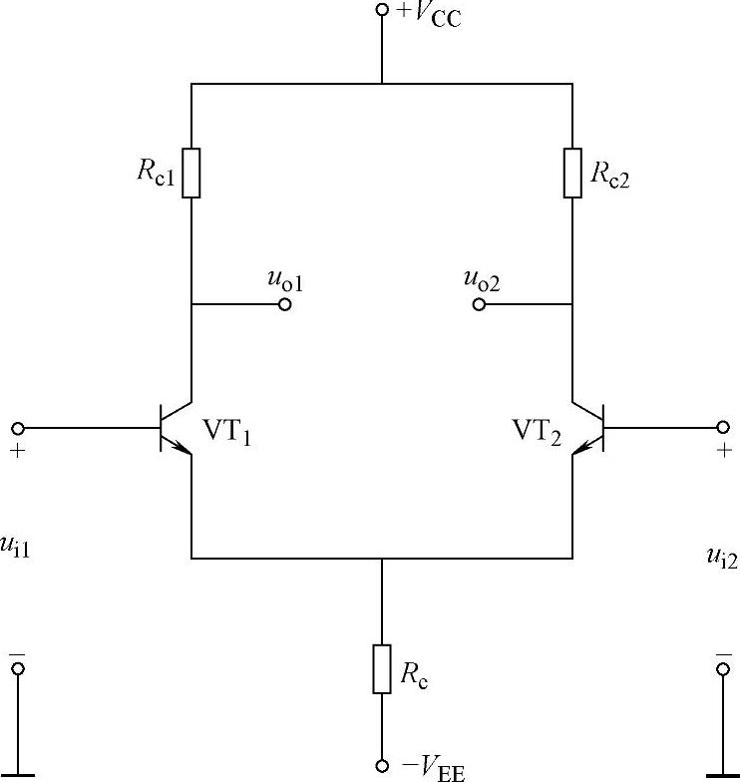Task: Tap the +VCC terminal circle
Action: point(382,10)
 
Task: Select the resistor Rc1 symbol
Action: point(191,173)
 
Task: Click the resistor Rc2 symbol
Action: point(572,173)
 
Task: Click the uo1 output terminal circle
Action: point(285,303)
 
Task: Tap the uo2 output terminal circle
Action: point(479,303)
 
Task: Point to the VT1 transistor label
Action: point(227,431)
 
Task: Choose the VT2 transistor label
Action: point(537,431)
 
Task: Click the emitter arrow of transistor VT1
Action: point(183,449)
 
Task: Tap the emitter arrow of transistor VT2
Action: point(581,449)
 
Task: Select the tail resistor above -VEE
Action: point(382,668)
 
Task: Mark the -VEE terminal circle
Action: point(382,766)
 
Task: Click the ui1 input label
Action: point(18,548)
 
